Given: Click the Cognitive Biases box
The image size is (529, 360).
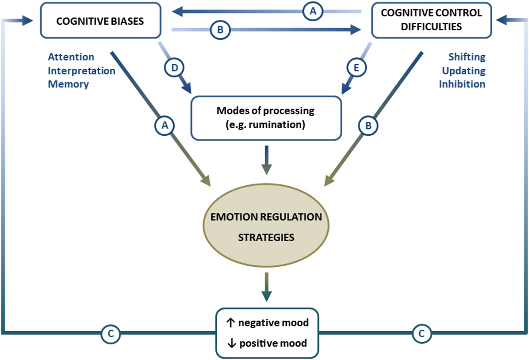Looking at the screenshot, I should tap(100, 21).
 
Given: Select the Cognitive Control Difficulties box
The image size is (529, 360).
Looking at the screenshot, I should tap(431, 20).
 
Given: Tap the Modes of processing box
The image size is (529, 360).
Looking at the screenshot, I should tap(266, 118).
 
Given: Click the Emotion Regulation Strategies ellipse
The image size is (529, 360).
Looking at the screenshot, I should tap(266, 226).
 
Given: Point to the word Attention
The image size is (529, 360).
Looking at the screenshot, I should tap(71, 57).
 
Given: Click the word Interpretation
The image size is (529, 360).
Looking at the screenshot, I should tap(81, 71).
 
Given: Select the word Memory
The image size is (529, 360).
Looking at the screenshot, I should tap(68, 84).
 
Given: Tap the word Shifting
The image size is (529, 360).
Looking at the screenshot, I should tap(467, 57).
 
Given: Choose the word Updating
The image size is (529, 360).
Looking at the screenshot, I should tap(464, 71).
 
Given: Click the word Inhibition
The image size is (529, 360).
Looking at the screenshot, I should tap(462, 84).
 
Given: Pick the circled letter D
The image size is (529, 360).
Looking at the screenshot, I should tap(174, 68).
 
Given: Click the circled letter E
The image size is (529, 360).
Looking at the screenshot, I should tap(357, 68).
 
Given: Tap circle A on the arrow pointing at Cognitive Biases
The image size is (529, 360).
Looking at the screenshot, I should tap(313, 12).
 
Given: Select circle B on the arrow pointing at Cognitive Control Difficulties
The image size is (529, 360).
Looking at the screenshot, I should tap(220, 30).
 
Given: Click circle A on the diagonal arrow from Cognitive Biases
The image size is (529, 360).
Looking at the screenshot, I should tap(165, 126).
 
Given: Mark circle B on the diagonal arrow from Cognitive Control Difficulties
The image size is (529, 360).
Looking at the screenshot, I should tap(368, 126).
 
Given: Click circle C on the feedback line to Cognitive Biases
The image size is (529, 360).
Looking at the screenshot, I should tap(111, 334).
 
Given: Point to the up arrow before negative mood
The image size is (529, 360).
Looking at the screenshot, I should tap(231, 323).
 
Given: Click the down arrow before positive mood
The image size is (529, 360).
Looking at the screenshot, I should tap(231, 343).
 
